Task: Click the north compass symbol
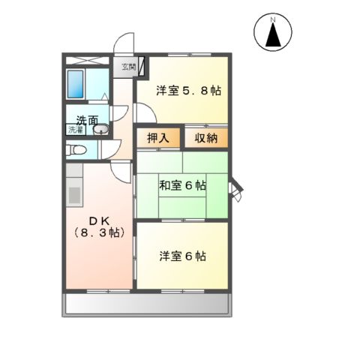tap(275, 34)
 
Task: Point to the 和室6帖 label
tap(182, 185)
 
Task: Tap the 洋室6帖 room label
tap(182, 256)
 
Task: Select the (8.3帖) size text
tap(98, 232)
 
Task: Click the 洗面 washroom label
tap(86, 118)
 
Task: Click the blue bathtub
tap(76, 85)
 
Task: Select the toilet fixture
tap(76, 151)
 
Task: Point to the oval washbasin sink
tap(103, 131)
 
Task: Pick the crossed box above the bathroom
tap(88, 59)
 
